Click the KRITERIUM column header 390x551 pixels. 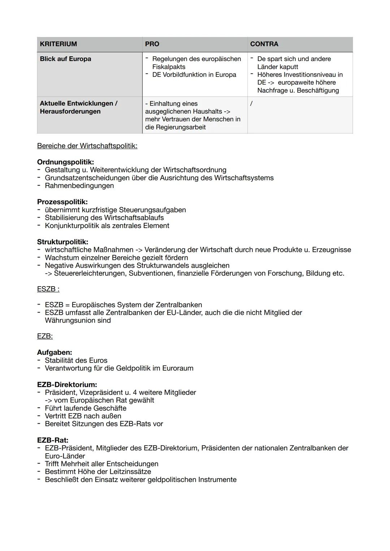58,44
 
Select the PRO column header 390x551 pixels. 152,44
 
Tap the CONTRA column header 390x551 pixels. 264,44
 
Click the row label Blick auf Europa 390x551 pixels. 65,59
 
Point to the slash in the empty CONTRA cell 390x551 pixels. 251,104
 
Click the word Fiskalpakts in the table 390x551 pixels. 169,67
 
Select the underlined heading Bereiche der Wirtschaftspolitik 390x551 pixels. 87,146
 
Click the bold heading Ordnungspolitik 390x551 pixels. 65,162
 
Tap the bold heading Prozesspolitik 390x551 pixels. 62,202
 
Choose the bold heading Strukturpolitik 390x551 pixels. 62,242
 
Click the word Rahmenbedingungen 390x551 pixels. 79,185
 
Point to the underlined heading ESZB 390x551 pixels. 48,289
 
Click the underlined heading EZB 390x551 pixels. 45,336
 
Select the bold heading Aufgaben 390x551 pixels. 55,352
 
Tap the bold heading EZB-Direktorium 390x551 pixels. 67,385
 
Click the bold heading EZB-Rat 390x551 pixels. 53,440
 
